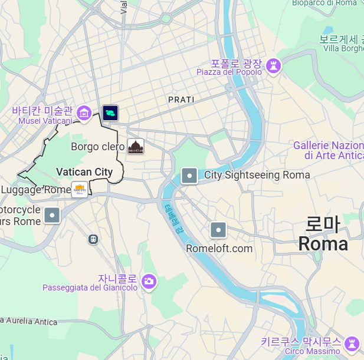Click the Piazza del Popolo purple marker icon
tap(273, 66)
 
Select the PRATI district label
tap(181, 100)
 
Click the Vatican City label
tap(84, 172)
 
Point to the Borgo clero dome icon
tap(136, 147)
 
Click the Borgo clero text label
tap(97, 147)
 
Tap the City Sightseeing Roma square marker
tap(189, 176)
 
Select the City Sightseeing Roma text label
tap(257, 175)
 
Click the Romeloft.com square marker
tap(218, 230)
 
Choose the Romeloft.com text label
tap(219, 249)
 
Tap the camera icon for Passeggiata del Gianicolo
tap(149, 282)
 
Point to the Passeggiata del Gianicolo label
tap(90, 288)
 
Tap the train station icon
tap(93, 239)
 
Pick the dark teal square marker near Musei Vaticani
tap(110, 113)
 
